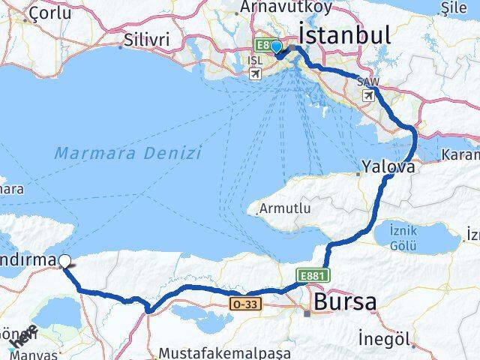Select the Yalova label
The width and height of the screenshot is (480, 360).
click(x=388, y=166)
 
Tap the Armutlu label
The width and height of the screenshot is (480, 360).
click(x=284, y=208)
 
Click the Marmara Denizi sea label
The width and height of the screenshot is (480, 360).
click(x=128, y=153)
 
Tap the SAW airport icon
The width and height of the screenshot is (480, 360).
click(x=367, y=94)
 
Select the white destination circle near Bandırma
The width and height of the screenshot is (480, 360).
click(x=65, y=261)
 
